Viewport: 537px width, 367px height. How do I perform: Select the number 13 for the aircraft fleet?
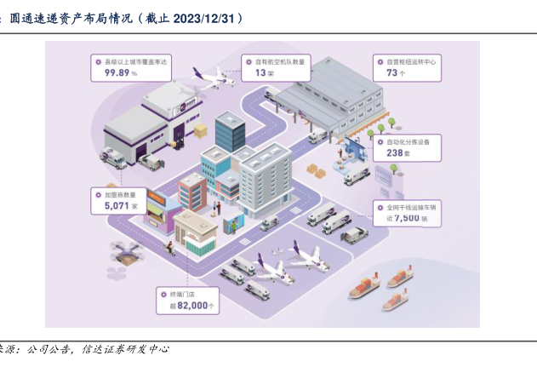261,73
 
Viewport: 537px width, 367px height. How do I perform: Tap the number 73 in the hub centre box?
391,73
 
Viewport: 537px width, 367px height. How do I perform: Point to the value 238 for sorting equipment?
396,153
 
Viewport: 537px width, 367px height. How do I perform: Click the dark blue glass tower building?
229,132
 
